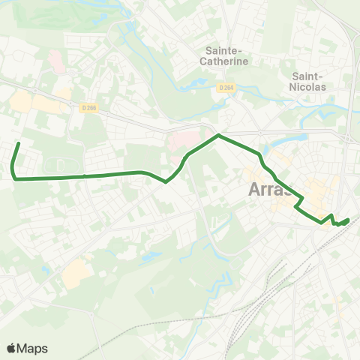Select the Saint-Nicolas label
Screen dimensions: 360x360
(307, 81)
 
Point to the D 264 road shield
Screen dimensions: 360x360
(226, 88)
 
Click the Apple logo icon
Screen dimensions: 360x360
(12, 348)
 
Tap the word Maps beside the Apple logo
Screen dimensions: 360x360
(33, 348)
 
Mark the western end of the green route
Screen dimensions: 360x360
(18, 142)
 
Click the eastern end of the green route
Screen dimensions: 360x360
(349, 220)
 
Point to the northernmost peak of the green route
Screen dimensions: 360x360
(218, 136)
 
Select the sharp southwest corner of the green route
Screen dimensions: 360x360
(15, 178)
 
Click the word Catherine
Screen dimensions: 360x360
(226, 62)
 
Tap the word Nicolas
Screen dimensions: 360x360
(307, 86)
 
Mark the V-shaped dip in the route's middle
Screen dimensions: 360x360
(166, 181)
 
